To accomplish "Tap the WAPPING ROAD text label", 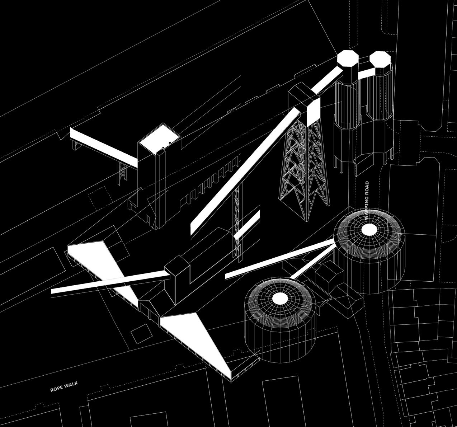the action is [366, 201].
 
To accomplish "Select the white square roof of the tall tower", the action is [159, 137].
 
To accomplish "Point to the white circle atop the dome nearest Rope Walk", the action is [279, 299].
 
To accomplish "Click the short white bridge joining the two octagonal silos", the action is [366, 73].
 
